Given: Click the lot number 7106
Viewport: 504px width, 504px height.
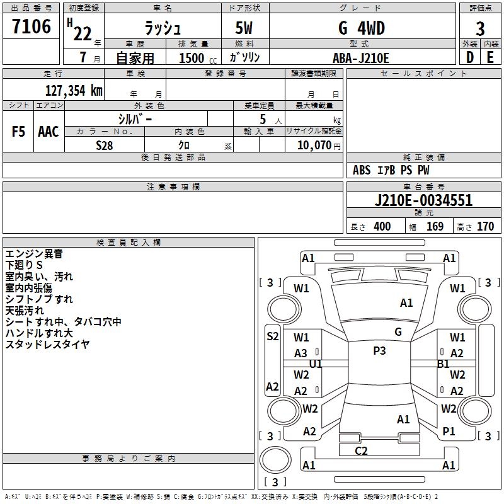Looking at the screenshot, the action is tap(31, 27).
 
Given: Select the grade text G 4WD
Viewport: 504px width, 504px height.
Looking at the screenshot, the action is tap(362, 28).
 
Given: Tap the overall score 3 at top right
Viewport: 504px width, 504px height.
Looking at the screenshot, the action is tap(480, 28).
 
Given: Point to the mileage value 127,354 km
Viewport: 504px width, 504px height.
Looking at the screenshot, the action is tap(74, 90).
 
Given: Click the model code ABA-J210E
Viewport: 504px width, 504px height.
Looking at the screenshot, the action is tap(361, 58).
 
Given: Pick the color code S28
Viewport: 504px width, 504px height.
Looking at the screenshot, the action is tap(105, 145).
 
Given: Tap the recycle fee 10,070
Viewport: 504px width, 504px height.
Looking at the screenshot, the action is tap(314, 146).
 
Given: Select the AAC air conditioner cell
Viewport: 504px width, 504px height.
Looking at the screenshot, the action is tap(49, 132).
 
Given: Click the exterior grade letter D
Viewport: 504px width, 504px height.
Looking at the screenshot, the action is tap(469, 57).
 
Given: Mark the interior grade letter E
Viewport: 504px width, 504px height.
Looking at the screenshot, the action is tap(490, 57).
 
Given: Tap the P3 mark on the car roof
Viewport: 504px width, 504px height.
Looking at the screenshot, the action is tap(379, 351).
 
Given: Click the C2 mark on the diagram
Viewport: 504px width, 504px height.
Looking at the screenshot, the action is tap(361, 450).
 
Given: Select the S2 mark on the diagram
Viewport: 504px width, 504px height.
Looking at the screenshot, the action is tap(272, 336).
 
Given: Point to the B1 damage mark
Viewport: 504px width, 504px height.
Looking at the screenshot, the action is tap(443, 364).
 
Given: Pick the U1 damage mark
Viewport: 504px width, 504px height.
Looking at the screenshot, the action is tap(316, 364).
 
